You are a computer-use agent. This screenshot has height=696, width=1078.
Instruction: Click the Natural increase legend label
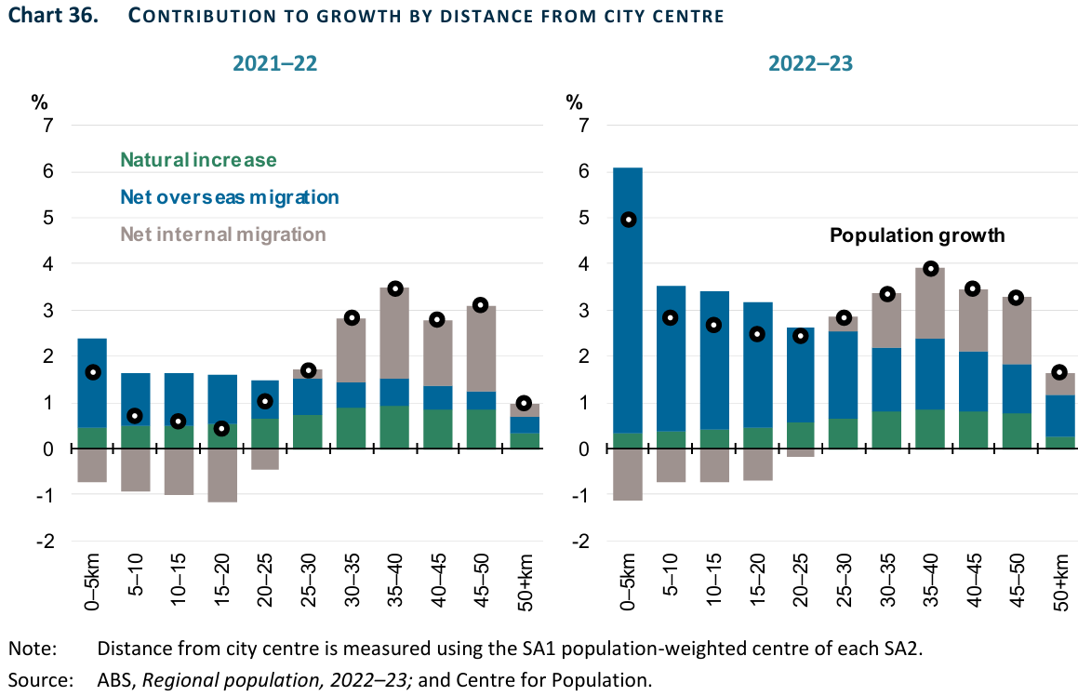(x=198, y=160)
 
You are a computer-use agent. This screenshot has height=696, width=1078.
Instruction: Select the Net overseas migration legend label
(x=229, y=197)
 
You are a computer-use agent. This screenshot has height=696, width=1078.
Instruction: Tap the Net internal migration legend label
(x=223, y=234)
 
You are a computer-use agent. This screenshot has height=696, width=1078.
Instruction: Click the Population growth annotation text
(x=917, y=235)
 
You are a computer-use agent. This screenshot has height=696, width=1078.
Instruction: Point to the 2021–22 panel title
(x=274, y=64)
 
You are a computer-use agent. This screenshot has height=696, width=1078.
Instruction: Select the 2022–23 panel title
(x=811, y=64)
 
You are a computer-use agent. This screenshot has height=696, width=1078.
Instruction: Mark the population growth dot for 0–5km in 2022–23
(x=628, y=220)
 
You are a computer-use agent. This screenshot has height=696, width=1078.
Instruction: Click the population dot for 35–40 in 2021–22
(x=395, y=288)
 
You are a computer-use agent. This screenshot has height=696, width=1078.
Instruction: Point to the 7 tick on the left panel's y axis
(x=48, y=126)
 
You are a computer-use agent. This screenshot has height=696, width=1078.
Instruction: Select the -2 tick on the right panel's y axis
(x=581, y=542)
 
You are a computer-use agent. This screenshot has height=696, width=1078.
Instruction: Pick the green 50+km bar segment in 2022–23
(x=1059, y=443)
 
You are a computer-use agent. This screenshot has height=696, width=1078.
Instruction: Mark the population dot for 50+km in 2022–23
(x=1059, y=373)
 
